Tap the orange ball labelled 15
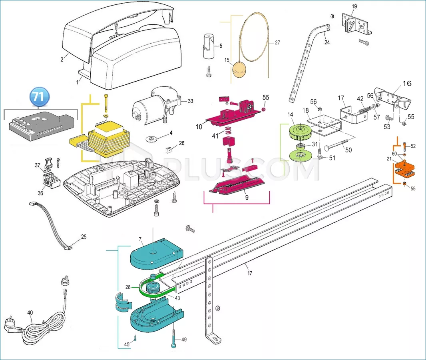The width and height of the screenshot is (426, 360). coord(239,72)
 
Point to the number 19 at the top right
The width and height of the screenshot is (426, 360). coord(354,6)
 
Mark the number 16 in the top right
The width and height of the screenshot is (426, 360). coord(406,84)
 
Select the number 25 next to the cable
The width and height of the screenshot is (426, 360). coord(84,237)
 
